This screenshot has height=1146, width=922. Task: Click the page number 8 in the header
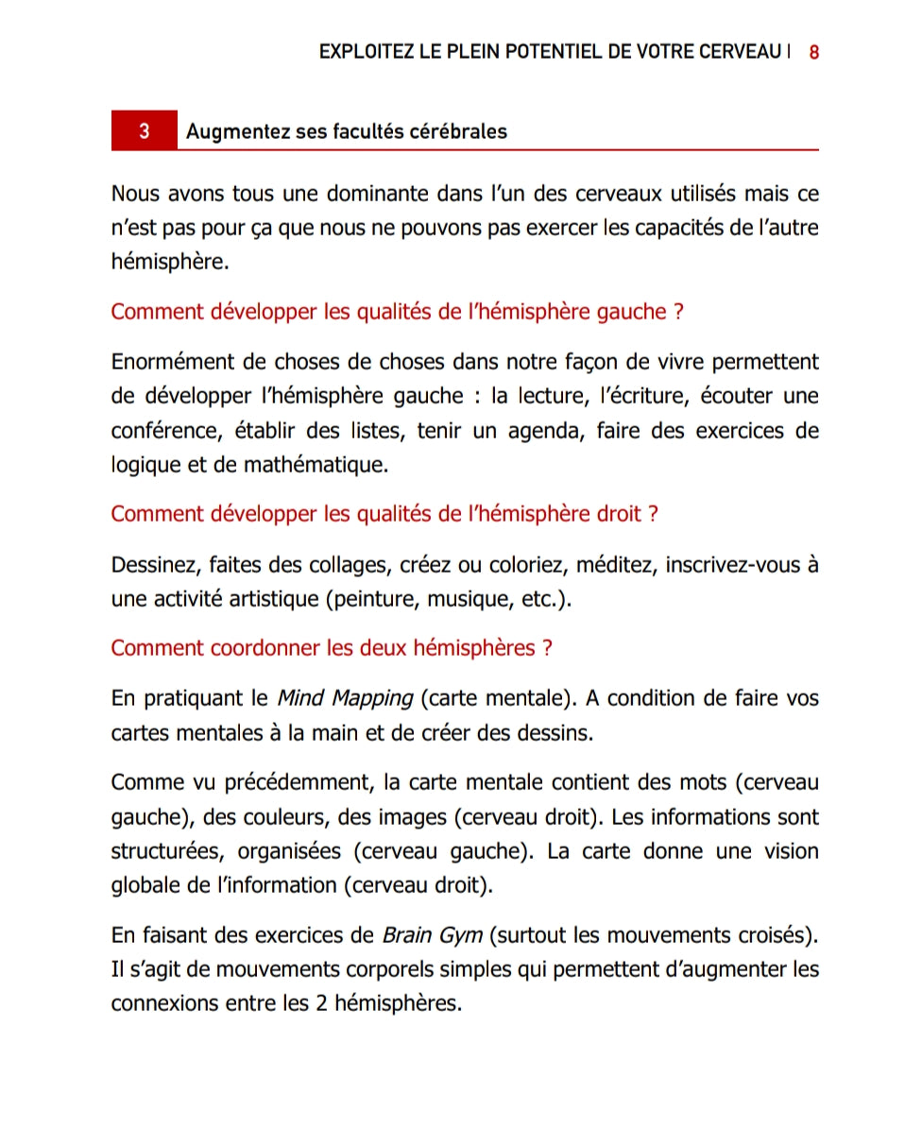(x=813, y=52)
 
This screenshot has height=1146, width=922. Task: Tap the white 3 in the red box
(x=144, y=131)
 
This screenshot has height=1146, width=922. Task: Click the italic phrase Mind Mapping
(x=344, y=699)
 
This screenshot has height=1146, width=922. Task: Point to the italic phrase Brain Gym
(x=432, y=935)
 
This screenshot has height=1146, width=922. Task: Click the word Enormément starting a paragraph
(x=166, y=363)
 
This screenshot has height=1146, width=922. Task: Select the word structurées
(x=165, y=851)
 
